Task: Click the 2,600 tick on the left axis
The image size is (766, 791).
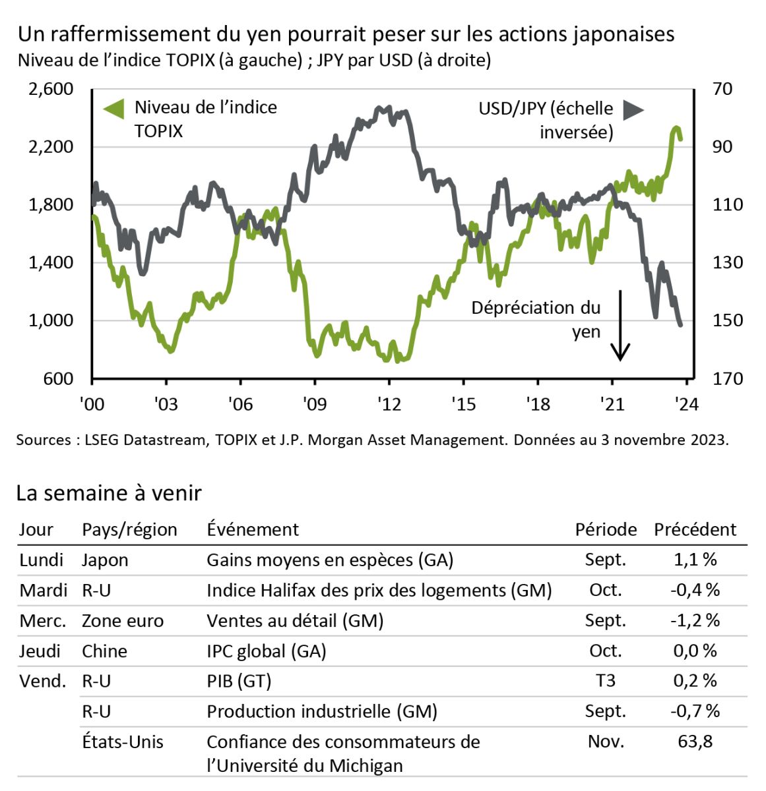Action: tap(51, 88)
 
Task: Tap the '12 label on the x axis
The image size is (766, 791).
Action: tap(389, 403)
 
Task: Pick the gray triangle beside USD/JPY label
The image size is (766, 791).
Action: tap(633, 110)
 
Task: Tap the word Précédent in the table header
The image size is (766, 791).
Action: tap(695, 529)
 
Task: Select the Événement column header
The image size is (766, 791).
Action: tap(253, 529)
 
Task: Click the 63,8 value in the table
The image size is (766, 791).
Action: tap(695, 741)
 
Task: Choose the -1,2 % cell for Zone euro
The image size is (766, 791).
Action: tap(695, 620)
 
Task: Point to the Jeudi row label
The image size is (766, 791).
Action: tap(40, 651)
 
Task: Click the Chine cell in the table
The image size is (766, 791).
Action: tap(104, 651)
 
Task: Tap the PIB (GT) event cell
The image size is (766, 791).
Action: tap(239, 681)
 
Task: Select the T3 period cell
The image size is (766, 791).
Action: tap(605, 680)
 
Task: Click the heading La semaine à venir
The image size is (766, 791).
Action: tap(109, 493)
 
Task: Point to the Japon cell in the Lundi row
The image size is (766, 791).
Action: tap(105, 560)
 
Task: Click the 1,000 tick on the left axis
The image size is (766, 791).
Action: tap(51, 320)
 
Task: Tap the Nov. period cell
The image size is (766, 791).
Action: tap(605, 741)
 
